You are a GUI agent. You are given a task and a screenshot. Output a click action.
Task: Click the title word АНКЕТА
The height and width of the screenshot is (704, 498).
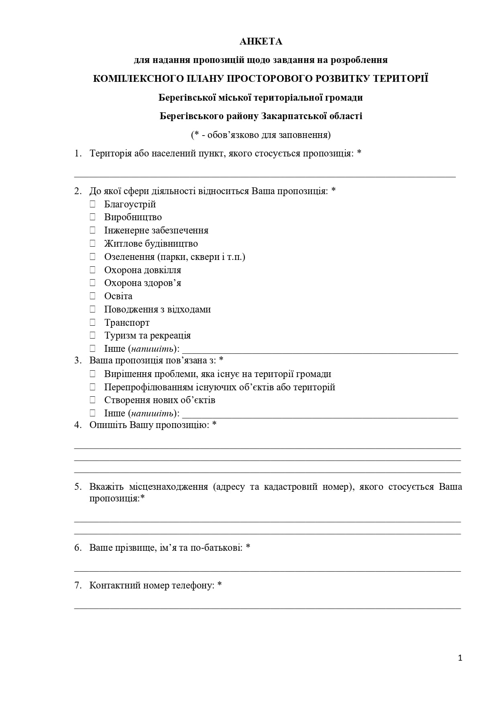click(x=261, y=41)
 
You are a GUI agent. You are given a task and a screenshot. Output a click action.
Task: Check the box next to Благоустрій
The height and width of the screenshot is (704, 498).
click(x=93, y=204)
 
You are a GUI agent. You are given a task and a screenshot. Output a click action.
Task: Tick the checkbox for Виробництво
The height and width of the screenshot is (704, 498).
click(x=93, y=217)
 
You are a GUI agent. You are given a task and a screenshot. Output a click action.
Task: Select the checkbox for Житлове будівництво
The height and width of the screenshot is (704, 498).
click(x=93, y=243)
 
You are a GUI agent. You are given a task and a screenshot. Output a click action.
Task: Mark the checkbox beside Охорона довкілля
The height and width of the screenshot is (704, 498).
click(x=93, y=270)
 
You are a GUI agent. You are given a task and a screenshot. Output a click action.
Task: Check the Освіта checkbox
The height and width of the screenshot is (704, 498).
click(x=93, y=296)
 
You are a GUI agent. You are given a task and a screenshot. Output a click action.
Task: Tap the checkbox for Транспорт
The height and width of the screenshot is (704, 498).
click(x=93, y=322)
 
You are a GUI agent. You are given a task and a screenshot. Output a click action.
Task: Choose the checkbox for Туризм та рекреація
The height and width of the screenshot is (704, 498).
click(x=93, y=335)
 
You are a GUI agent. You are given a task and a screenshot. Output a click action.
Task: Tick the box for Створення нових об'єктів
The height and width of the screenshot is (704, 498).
click(x=93, y=400)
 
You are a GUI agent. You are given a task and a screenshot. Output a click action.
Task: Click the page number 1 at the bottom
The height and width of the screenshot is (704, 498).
click(x=460, y=658)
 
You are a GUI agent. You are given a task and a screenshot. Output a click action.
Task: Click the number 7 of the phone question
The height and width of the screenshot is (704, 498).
click(x=78, y=585)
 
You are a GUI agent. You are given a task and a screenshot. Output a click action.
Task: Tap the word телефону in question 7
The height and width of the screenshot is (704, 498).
click(x=193, y=585)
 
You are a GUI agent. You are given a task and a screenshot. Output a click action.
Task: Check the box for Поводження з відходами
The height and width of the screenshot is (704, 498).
click(x=93, y=309)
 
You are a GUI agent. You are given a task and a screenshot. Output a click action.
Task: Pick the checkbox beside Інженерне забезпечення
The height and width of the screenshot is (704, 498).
click(x=93, y=230)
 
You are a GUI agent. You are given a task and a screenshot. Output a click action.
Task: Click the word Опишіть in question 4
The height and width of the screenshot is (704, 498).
click(x=108, y=425)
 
